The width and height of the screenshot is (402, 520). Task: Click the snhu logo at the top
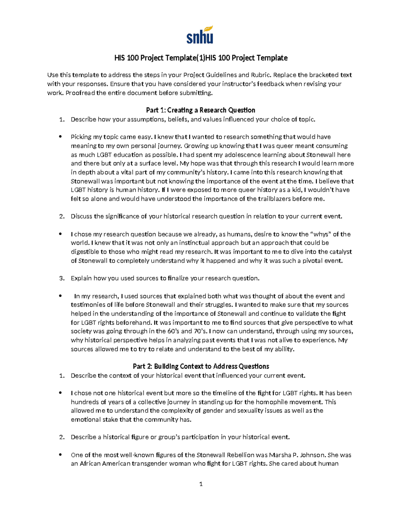tap(200, 35)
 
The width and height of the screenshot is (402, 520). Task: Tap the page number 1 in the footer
tap(201, 484)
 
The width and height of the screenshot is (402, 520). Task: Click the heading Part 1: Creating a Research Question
tap(201, 110)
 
